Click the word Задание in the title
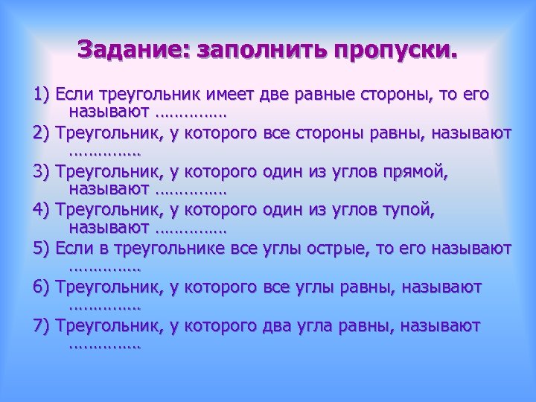(x=131, y=50)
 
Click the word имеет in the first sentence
(x=232, y=95)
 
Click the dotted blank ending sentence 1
(x=192, y=115)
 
